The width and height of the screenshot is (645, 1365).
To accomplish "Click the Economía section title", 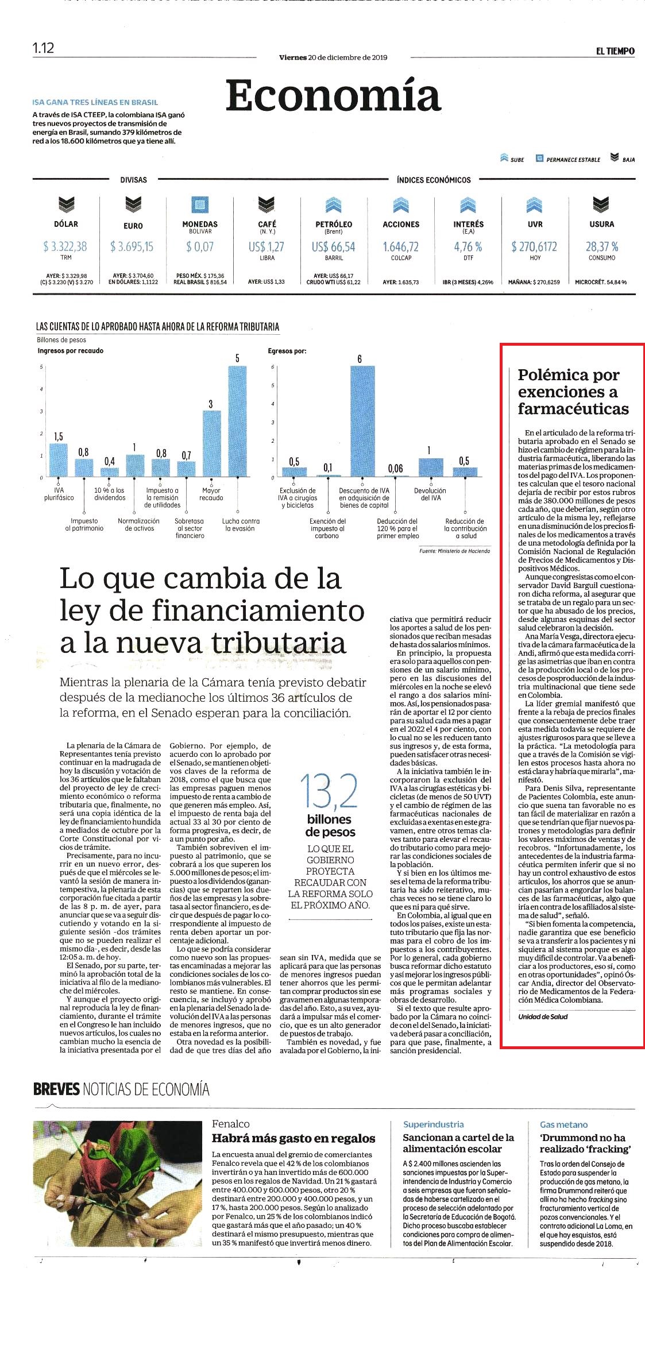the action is (x=333, y=96).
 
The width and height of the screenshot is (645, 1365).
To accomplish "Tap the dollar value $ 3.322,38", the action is (x=65, y=247).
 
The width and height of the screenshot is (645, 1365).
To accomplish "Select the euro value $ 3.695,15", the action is (x=132, y=247).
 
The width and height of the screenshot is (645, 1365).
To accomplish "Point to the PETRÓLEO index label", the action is (x=334, y=224).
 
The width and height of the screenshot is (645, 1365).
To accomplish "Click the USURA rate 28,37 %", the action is (x=602, y=247).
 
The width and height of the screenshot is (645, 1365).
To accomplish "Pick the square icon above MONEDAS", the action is (x=200, y=205).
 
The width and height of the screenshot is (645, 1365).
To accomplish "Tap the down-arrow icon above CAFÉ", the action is (x=267, y=204).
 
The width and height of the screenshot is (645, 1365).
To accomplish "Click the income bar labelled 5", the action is (x=237, y=421).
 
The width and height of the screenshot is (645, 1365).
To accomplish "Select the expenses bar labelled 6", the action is (x=362, y=421).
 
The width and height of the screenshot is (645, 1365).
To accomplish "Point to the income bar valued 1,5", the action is (x=58, y=460).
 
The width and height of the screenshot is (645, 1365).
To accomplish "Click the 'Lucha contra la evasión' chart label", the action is (x=241, y=525).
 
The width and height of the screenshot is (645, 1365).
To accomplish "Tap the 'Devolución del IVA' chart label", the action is (x=430, y=494).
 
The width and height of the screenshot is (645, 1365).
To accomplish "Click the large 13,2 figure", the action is (x=329, y=791).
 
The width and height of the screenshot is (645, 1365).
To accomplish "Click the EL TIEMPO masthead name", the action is (x=615, y=51).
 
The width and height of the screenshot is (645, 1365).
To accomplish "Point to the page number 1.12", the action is (x=43, y=48).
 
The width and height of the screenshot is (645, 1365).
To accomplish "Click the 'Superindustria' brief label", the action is (x=434, y=1124).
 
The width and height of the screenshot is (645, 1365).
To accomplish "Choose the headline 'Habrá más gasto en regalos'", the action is (x=293, y=1138).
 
